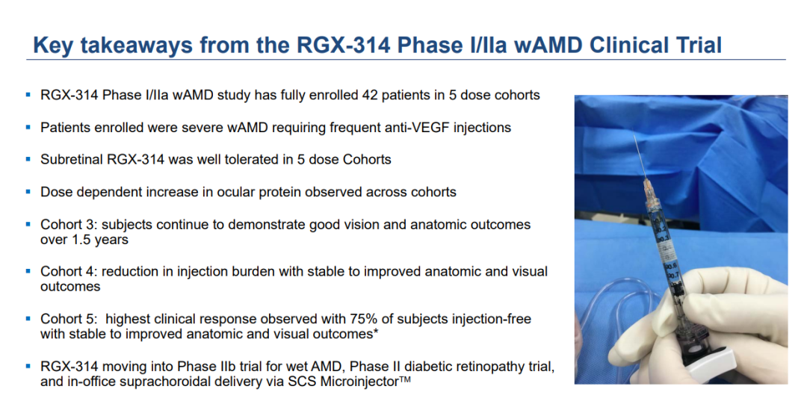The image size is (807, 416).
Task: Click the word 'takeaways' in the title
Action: (x=135, y=46)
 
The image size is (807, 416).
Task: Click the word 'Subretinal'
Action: (x=72, y=159)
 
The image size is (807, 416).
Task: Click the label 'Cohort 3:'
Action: (x=69, y=225)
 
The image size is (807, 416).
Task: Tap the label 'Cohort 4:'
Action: (x=69, y=272)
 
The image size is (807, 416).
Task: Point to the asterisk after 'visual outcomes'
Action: (x=376, y=332)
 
